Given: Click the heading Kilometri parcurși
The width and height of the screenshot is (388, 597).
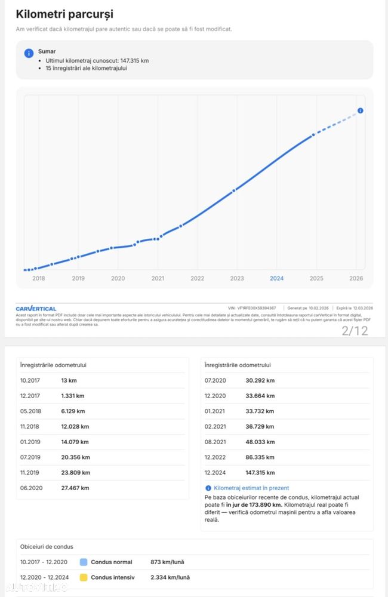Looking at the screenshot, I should pyautogui.click(x=64, y=14).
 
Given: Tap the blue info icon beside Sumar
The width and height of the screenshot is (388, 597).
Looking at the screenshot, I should pyautogui.click(x=29, y=53).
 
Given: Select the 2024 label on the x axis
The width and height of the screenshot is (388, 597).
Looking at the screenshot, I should pyautogui.click(x=276, y=278).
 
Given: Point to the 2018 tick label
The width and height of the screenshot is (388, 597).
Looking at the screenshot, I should pyautogui.click(x=39, y=278).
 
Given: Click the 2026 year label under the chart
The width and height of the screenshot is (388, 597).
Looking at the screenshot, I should pyautogui.click(x=356, y=278).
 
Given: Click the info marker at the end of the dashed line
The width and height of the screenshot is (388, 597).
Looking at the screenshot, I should pyautogui.click(x=360, y=110).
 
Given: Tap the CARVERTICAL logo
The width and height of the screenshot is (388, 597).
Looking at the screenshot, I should pyautogui.click(x=36, y=309).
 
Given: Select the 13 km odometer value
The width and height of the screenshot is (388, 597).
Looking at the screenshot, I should pyautogui.click(x=69, y=380).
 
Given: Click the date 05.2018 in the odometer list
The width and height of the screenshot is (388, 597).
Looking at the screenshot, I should pyautogui.click(x=29, y=411).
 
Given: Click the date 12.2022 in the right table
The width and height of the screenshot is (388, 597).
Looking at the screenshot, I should pyautogui.click(x=214, y=457).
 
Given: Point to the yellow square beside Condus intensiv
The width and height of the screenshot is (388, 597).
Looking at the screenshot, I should pyautogui.click(x=84, y=577).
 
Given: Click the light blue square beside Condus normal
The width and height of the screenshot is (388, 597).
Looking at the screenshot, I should pyautogui.click(x=84, y=562).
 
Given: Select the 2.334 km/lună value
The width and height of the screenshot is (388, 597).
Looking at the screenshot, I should pyautogui.click(x=170, y=577).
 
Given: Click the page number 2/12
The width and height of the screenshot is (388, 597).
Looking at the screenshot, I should pyautogui.click(x=355, y=331).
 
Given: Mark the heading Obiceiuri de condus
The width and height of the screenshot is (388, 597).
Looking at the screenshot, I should pyautogui.click(x=47, y=546).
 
